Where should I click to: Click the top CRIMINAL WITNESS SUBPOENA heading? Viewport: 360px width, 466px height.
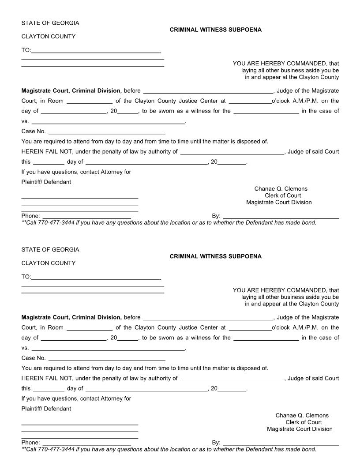pos(215,30)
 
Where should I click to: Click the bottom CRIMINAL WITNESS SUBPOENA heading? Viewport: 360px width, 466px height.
pos(215,256)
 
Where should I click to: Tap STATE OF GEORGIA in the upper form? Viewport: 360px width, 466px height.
pos(50,23)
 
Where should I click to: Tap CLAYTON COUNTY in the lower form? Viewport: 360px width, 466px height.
pos(49,263)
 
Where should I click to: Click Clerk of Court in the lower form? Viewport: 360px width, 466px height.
pos(304,422)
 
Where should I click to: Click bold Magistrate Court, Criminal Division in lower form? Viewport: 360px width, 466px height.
pos(71,317)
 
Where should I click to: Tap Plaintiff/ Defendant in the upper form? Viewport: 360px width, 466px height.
pos(46,182)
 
